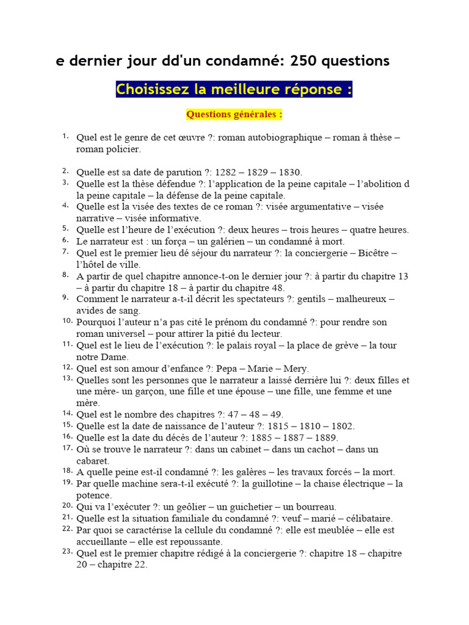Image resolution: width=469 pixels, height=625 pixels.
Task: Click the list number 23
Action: tap(67, 552)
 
